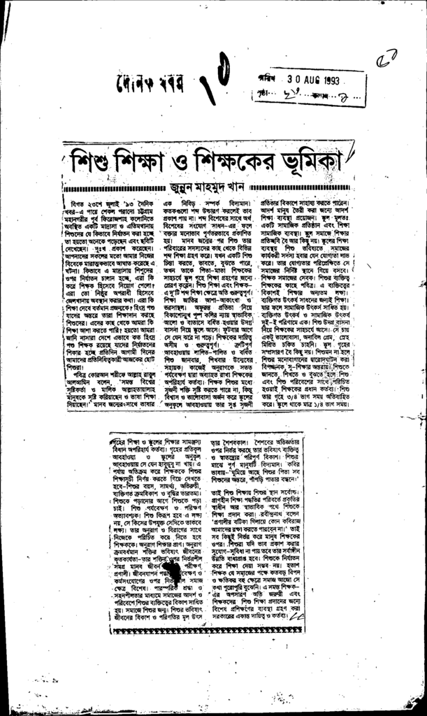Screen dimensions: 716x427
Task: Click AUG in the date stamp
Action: tap(305, 79)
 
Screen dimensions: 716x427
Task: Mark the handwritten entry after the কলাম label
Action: tap(335, 91)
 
